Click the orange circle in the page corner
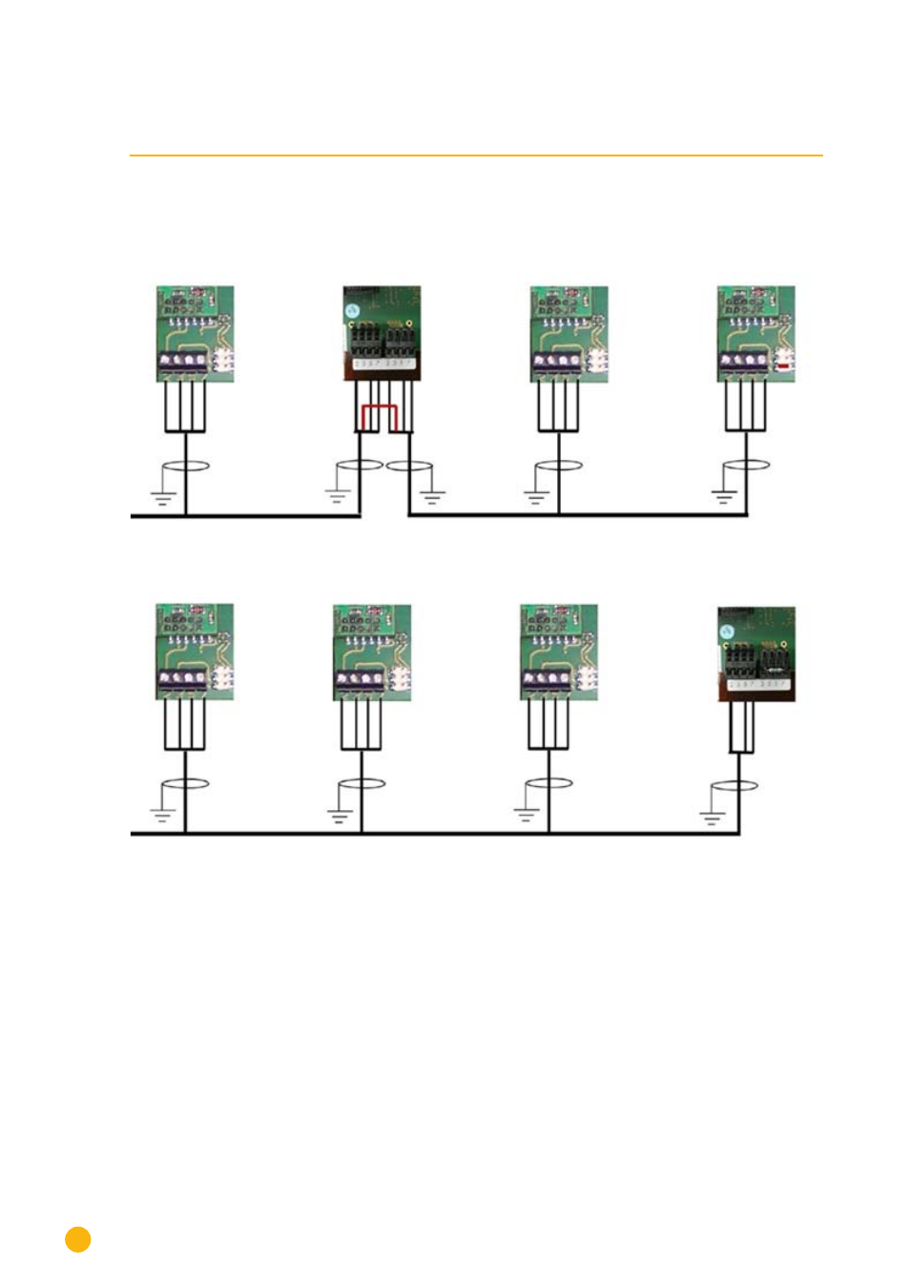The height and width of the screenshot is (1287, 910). click(x=78, y=1238)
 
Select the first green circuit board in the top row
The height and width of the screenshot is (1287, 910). click(x=195, y=334)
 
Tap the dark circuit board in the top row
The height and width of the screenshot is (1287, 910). click(x=382, y=333)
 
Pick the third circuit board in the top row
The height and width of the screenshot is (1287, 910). click(x=569, y=334)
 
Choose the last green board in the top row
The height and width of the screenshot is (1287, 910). click(x=755, y=334)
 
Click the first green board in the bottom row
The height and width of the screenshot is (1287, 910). click(x=195, y=652)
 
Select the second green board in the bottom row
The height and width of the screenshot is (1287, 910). click(x=372, y=653)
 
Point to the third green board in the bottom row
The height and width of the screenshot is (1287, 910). click(x=559, y=653)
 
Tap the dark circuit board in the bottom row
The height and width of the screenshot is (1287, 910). click(x=755, y=654)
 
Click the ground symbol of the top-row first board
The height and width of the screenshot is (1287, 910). click(x=163, y=497)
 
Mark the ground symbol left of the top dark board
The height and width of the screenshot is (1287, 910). click(x=336, y=495)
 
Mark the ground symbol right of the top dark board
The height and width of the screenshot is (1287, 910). click(x=433, y=496)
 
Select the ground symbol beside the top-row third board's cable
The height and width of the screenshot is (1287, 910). click(x=535, y=496)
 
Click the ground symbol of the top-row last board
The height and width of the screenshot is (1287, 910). click(x=723, y=495)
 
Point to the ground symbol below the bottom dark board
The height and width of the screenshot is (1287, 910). click(x=712, y=817)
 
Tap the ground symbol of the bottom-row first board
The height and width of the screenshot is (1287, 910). click(x=161, y=814)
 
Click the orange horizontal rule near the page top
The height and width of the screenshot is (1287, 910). click(x=476, y=155)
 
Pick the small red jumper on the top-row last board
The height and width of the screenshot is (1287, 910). click(x=783, y=365)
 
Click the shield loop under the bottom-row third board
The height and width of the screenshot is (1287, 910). click(x=549, y=783)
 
